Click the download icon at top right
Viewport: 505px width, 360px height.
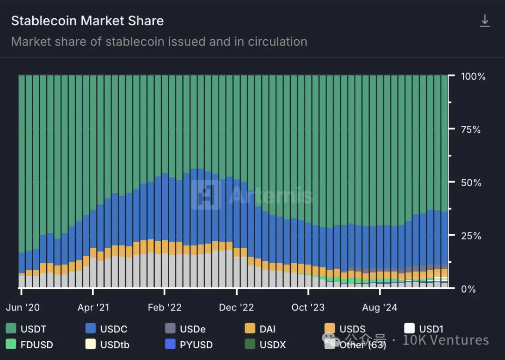pos(485,21)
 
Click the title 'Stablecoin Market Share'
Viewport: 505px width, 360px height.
pos(87,21)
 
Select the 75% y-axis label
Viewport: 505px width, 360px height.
pos(471,130)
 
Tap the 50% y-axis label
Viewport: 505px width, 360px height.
pos(471,183)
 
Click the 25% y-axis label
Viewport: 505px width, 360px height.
pos(471,236)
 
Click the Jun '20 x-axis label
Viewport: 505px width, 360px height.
pos(22,307)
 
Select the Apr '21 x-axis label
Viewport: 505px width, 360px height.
pos(94,307)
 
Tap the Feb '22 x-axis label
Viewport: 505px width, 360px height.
pos(165,307)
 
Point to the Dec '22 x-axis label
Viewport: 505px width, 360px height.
pos(237,307)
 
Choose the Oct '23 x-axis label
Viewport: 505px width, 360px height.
pos(308,307)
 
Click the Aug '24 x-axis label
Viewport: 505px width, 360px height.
pos(379,307)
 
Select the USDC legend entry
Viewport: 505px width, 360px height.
pos(106,329)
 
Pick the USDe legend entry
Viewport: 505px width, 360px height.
pos(185,329)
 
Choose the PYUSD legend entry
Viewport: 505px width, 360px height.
pos(189,345)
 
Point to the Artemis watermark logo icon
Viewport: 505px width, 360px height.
pos(206,194)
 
